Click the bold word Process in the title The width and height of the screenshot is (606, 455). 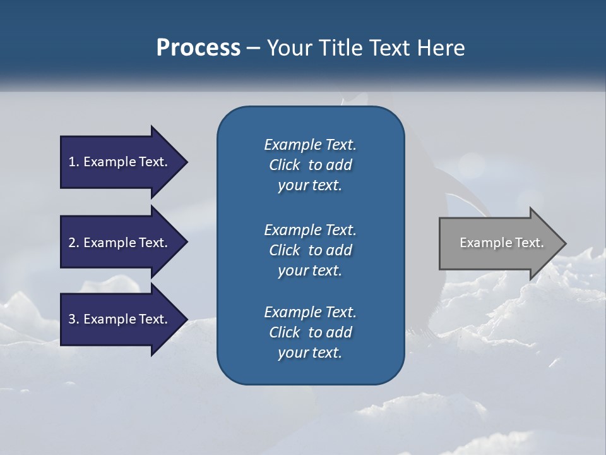[198, 48]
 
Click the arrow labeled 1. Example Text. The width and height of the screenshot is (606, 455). [120, 162]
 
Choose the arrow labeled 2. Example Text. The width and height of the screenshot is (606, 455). [120, 243]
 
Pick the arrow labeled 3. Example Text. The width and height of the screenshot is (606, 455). [120, 319]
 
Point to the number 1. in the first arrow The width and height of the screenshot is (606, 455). [74, 162]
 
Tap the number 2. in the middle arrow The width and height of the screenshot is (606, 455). [74, 243]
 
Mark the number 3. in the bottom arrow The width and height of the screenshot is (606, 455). [74, 319]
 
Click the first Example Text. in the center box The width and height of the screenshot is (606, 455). [310, 145]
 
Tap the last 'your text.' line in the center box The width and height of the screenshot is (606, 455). [310, 353]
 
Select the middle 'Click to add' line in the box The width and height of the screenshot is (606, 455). [310, 250]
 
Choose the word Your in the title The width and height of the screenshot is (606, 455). [287, 48]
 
